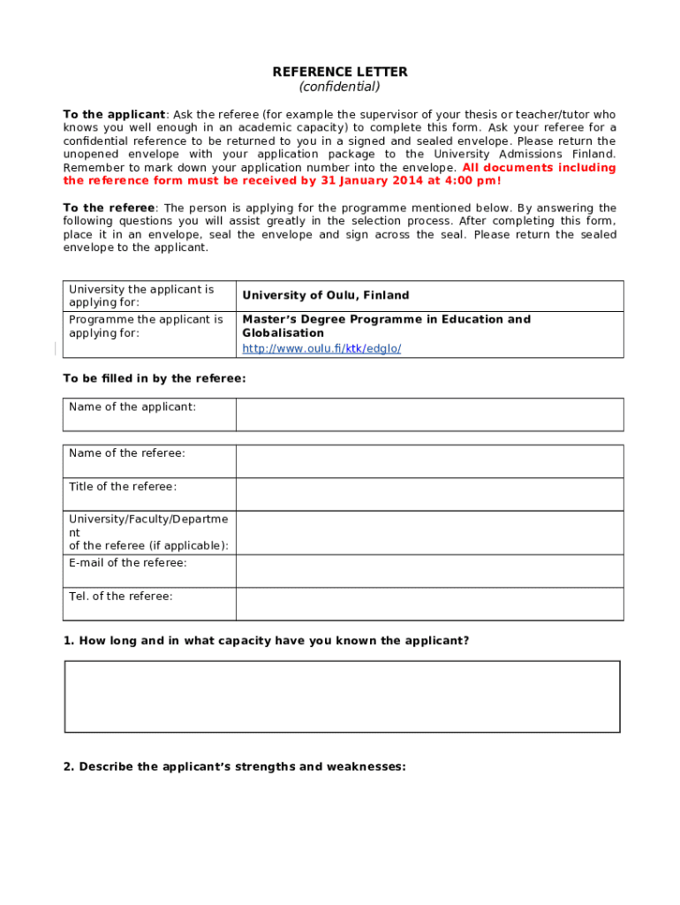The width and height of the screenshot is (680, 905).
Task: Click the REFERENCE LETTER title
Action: click(340, 72)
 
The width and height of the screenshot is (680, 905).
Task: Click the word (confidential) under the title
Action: click(340, 87)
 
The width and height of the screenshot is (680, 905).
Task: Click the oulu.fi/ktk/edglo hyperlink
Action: click(321, 348)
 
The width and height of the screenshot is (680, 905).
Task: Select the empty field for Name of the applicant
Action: click(429, 414)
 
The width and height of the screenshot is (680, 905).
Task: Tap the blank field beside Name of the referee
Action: click(429, 460)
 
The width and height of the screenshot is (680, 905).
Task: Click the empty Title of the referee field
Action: click(429, 494)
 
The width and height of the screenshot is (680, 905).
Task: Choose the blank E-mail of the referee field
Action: click(429, 571)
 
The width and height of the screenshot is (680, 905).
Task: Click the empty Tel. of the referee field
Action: click(429, 604)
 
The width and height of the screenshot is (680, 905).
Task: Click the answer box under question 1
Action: click(342, 696)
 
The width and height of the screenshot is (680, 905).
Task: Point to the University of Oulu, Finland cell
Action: click(326, 295)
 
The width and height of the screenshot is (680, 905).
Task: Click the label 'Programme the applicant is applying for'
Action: click(146, 326)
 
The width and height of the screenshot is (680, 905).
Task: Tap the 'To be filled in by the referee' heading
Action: click(155, 378)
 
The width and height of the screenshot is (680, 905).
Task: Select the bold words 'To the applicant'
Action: click(114, 115)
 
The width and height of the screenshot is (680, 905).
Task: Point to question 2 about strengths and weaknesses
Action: click(234, 766)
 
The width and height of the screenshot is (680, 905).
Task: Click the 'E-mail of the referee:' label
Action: click(128, 563)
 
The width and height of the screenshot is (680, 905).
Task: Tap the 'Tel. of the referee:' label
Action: click(121, 597)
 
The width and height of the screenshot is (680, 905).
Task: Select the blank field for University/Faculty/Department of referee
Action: click(429, 532)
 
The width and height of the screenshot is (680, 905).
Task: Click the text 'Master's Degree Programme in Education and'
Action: click(387, 319)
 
